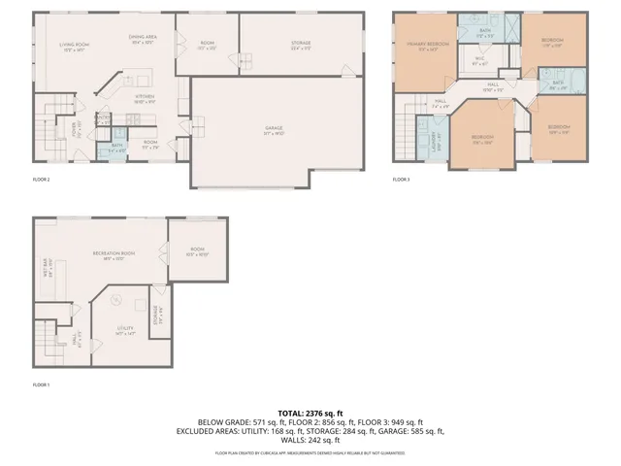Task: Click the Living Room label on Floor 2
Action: [x=68, y=44]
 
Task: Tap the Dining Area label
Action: [x=143, y=38]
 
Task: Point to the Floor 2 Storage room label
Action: [x=301, y=43]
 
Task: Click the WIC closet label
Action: [x=478, y=60]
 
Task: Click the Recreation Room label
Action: [x=113, y=254]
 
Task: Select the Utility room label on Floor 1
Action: [x=124, y=330]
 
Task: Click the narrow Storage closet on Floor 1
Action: [x=157, y=315]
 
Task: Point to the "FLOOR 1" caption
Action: [x=41, y=385]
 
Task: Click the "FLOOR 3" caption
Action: [x=401, y=180]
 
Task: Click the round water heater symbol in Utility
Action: [x=114, y=299]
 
